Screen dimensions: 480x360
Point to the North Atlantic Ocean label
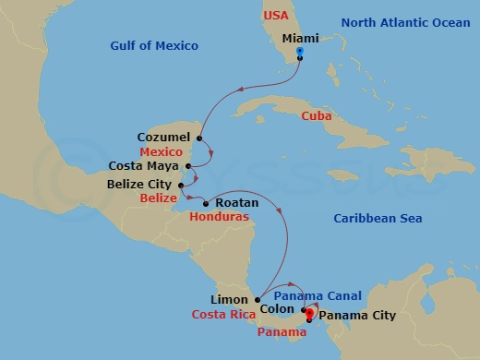coord(406,22)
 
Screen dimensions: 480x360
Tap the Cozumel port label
coord(163,136)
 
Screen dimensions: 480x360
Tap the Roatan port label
coord(229,202)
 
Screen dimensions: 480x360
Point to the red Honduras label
coord(222,219)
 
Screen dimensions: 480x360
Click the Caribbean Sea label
coord(377,218)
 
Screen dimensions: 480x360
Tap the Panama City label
coord(356,316)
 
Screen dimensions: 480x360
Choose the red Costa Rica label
coord(223,316)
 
